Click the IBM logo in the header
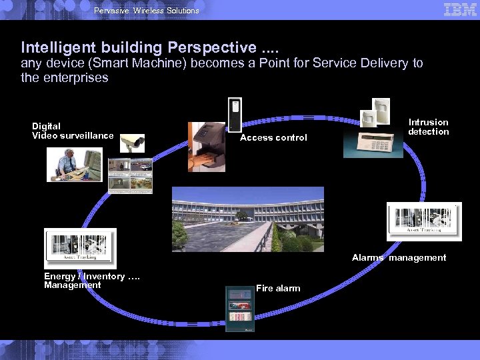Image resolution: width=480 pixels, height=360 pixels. pyautogui.click(x=460, y=9)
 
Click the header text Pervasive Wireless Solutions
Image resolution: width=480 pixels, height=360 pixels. pyautogui.click(x=147, y=10)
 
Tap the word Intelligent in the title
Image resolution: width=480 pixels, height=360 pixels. pyautogui.click(x=53, y=47)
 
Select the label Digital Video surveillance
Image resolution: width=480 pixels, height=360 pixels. pyautogui.click(x=73, y=131)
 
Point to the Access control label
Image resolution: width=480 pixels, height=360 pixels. pyautogui.click(x=273, y=137)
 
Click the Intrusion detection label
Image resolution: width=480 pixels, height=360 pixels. pyautogui.click(x=429, y=127)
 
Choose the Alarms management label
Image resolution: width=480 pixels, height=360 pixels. pyautogui.click(x=399, y=257)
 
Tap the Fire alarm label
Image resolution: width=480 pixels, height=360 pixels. pyautogui.click(x=278, y=288)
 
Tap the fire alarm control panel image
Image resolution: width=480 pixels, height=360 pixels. pyautogui.click(x=239, y=308)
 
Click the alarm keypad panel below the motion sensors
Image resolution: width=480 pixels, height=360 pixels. pyautogui.click(x=373, y=143)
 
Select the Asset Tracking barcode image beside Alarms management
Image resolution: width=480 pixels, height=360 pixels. pyautogui.click(x=424, y=221)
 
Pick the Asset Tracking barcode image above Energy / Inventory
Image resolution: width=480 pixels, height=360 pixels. pyautogui.click(x=80, y=247)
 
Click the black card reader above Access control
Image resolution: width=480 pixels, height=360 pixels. pyautogui.click(x=234, y=115)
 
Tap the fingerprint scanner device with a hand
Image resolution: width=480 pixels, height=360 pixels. pyautogui.click(x=207, y=147)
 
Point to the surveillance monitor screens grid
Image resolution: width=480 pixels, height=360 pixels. pyautogui.click(x=131, y=176)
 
